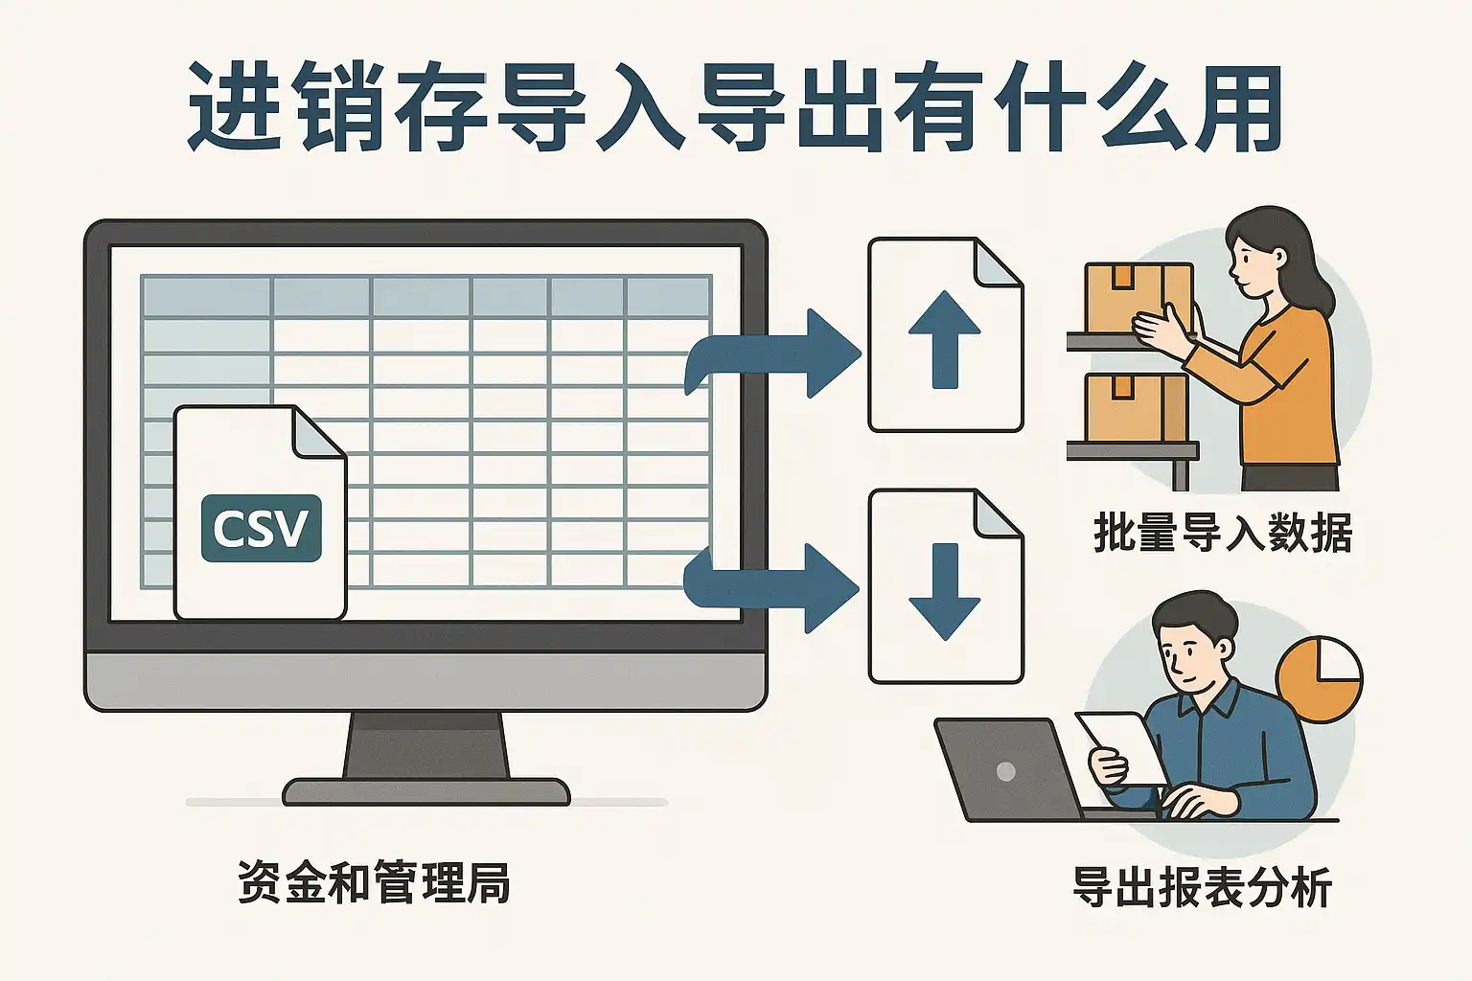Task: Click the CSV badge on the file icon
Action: [x=262, y=528]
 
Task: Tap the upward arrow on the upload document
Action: [x=944, y=340]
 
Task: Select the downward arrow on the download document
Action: [x=944, y=591]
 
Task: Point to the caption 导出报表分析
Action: [x=1203, y=887]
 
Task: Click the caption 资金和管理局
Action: [x=373, y=881]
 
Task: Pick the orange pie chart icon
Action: [x=1319, y=679]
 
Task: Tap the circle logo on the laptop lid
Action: [x=1006, y=771]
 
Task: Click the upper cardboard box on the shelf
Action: [x=1138, y=298]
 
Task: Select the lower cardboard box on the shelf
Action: [x=1137, y=408]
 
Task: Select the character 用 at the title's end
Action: [x=1234, y=107]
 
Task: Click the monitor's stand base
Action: [x=426, y=791]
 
